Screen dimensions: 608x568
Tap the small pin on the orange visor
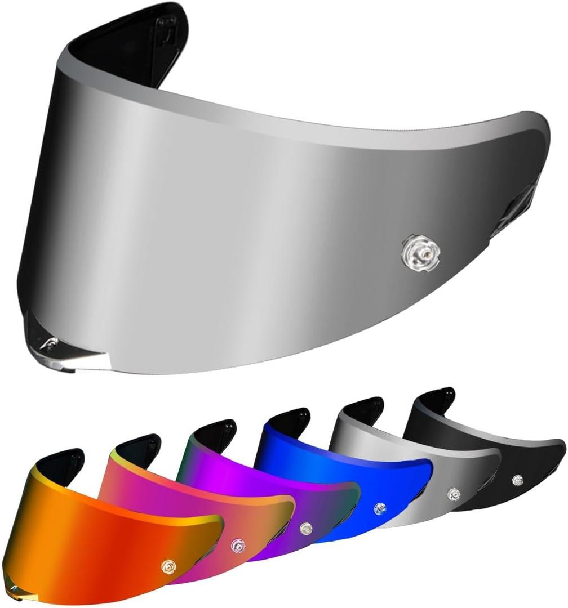coord(167,565)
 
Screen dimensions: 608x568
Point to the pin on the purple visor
coord(305,528)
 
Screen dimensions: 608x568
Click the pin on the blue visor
coord(380,508)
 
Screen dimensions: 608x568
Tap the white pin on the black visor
coord(517,480)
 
